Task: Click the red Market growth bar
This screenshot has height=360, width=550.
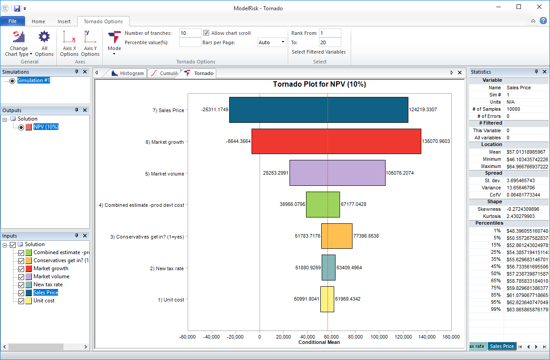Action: pyautogui.click(x=336, y=142)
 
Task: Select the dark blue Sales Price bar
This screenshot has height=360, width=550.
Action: pyautogui.click(x=319, y=110)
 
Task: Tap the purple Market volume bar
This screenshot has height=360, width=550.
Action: pyautogui.click(x=337, y=173)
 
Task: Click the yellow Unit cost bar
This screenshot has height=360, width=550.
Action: pyautogui.click(x=327, y=299)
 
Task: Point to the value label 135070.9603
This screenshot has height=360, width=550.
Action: pyautogui.click(x=436, y=141)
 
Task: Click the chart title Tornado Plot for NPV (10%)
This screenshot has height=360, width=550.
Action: pyautogui.click(x=319, y=84)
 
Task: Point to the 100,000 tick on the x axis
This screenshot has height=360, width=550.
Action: pyautogui.click(x=379, y=336)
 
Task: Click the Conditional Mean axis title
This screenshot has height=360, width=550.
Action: pyautogui.click(x=319, y=342)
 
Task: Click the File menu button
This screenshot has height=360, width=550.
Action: pyautogui.click(x=13, y=21)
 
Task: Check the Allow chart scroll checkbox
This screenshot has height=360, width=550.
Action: pyautogui.click(x=206, y=33)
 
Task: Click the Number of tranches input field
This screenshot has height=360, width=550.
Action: pyautogui.click(x=190, y=33)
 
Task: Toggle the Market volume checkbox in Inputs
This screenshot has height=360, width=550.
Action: pyautogui.click(x=21, y=276)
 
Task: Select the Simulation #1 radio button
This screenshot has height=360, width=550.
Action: pyautogui.click(x=12, y=80)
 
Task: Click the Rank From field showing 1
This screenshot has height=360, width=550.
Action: pyautogui.click(x=330, y=33)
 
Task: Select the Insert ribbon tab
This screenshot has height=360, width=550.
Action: pyautogui.click(x=64, y=21)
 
